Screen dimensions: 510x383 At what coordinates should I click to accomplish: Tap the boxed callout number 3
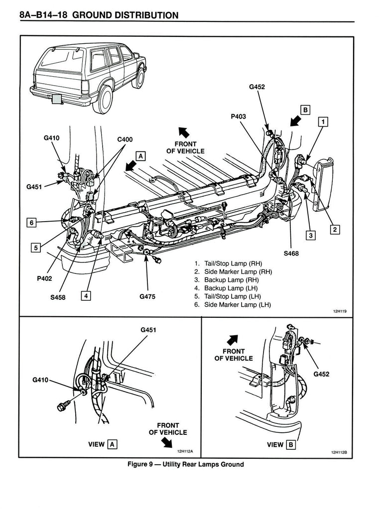click(310, 236)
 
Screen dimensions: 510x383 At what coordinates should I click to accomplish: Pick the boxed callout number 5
click(35, 247)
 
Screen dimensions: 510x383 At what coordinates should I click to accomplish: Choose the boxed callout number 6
click(32, 223)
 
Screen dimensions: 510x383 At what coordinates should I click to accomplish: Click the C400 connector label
click(125, 140)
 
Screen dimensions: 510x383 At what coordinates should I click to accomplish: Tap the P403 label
click(238, 117)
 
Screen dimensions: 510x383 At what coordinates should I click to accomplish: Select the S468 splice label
click(292, 253)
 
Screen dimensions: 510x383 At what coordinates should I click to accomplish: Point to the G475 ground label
click(147, 297)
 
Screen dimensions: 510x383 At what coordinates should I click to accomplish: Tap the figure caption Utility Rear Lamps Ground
click(186, 465)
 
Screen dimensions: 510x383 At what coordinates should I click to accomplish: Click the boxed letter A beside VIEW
click(113, 444)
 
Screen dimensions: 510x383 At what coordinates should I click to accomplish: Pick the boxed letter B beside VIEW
click(291, 444)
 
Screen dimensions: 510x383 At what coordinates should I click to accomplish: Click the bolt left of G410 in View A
click(62, 407)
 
